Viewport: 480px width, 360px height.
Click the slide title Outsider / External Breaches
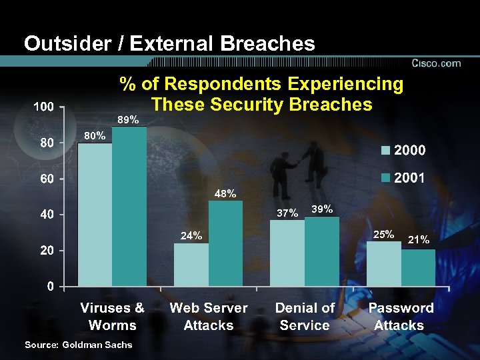[169, 44]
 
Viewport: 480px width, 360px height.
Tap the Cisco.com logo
[437, 63]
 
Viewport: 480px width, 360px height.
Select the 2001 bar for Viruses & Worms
[129, 207]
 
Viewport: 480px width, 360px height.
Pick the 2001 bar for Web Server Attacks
[225, 243]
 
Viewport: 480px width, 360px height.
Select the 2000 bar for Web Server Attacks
[191, 265]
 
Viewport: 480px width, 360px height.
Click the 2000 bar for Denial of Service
[287, 253]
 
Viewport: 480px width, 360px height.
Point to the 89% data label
[128, 120]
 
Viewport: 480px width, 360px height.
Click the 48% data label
[225, 194]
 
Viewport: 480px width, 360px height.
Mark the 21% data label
[418, 239]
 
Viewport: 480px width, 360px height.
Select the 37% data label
[287, 213]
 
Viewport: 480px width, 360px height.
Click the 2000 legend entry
[403, 150]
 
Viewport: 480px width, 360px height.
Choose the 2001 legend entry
[403, 179]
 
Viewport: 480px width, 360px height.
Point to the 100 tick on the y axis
[44, 107]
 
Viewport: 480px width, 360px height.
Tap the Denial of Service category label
[305, 317]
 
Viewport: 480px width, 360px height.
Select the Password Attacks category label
[401, 317]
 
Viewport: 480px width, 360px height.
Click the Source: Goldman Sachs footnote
[78, 345]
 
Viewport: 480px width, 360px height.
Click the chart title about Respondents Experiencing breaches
[261, 94]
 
